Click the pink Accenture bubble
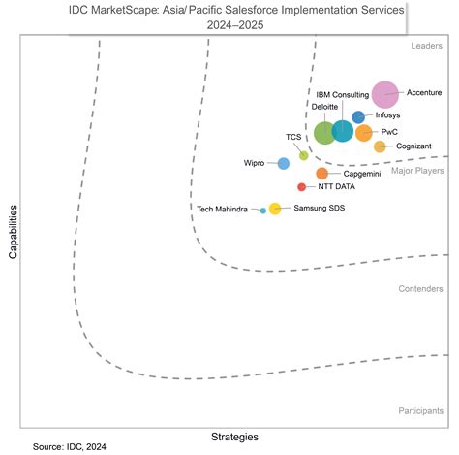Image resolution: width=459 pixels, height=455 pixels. (385, 94)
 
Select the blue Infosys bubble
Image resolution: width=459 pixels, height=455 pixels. (358, 117)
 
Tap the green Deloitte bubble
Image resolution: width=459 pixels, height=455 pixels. (325, 132)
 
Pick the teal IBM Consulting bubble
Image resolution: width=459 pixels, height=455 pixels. (342, 131)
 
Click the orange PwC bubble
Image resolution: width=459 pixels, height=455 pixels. (363, 133)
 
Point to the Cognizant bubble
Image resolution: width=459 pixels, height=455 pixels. (380, 146)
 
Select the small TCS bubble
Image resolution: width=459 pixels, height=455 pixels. (303, 155)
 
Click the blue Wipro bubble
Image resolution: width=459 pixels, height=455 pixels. (283, 163)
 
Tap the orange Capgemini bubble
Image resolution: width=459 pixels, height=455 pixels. (321, 174)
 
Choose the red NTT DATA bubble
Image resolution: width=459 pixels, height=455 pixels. (301, 187)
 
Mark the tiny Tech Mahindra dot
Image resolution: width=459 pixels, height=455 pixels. (262, 210)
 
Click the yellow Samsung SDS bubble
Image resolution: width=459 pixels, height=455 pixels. (274, 209)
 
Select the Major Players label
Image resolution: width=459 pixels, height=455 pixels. (416, 171)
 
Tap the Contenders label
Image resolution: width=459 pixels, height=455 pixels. (420, 289)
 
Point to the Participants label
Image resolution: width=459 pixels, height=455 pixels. (420, 411)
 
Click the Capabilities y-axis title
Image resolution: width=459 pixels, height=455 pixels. (14, 230)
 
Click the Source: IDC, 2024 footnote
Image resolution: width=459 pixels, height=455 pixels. (71, 447)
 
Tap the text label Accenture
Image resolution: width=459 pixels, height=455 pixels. (423, 93)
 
